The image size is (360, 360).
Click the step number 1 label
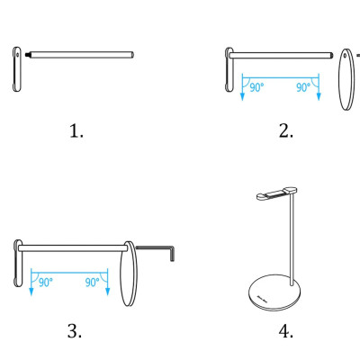76,131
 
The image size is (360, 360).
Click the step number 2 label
286,131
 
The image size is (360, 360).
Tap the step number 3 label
75,331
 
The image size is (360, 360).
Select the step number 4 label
286,331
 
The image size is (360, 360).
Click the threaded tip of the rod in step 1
28,55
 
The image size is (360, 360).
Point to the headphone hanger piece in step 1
17,69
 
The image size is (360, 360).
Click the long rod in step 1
82,55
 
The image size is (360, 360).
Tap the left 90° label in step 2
256,87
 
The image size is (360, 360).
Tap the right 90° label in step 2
303,87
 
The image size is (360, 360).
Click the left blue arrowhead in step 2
242,96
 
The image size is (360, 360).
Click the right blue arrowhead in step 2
319,96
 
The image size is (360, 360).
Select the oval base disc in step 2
346,79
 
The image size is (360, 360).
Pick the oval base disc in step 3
129,274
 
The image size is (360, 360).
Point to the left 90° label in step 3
46,283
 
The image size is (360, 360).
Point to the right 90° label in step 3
92,283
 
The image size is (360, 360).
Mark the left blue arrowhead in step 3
31,292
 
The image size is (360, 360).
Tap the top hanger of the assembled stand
276,193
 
